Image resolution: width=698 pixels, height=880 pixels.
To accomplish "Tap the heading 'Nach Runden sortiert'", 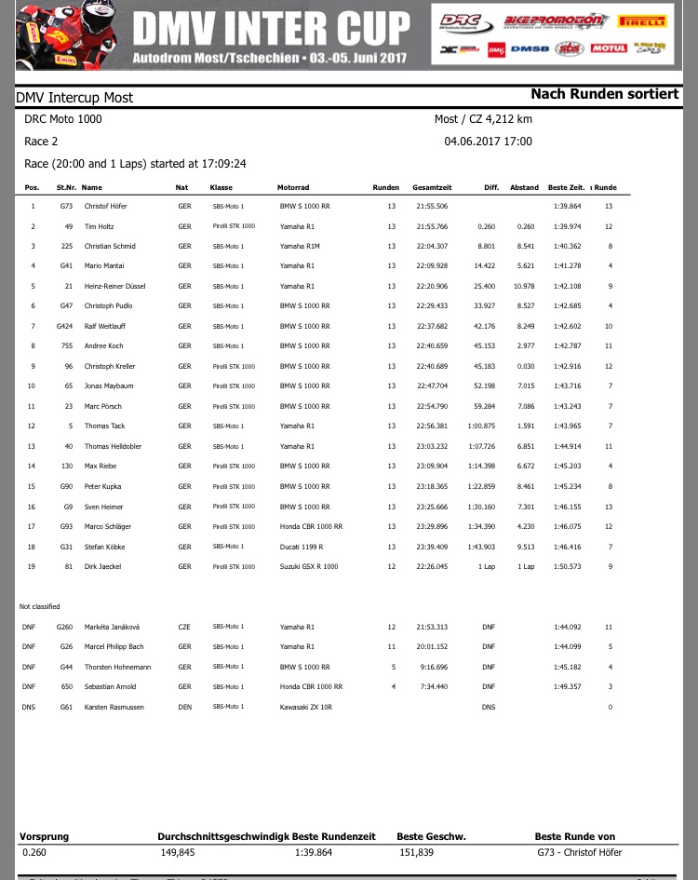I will (x=604, y=94).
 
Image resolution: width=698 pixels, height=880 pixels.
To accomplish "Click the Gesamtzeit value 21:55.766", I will (x=431, y=226).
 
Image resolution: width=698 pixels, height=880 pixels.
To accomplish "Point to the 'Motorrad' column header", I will (x=293, y=187).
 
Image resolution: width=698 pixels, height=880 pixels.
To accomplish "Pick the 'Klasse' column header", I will (x=221, y=187).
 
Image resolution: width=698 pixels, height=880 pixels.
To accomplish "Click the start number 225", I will (x=65, y=246).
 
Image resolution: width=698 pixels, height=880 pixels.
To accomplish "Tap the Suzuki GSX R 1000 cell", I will (x=311, y=566).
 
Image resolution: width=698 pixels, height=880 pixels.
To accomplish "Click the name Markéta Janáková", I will (x=110, y=627).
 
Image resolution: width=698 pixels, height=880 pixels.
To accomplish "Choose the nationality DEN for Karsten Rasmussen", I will (x=184, y=707).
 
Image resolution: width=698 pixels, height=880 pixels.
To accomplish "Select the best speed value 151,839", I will (x=416, y=852).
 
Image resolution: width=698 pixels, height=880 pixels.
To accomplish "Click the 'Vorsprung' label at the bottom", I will (x=46, y=836).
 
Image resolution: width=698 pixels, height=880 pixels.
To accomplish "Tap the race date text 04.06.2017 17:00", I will (x=489, y=142).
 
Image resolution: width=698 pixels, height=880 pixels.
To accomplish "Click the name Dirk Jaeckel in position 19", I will (x=101, y=566).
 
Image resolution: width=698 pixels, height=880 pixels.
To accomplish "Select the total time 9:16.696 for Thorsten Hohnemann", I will (x=434, y=667).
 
